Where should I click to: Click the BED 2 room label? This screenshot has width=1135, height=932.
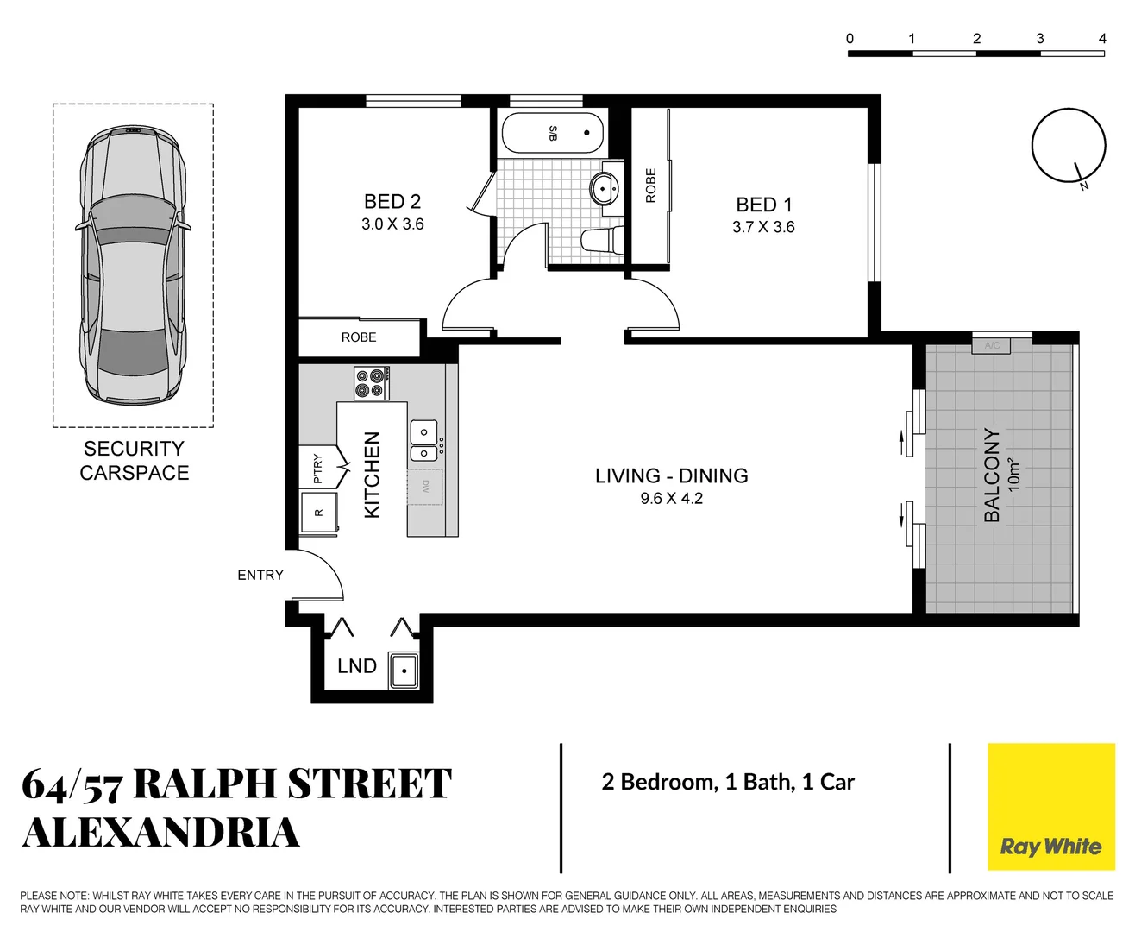point(392,202)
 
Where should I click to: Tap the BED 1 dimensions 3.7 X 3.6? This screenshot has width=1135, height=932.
point(763,228)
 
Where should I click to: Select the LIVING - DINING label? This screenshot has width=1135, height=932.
point(671,475)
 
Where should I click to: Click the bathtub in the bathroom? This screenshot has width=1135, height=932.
point(553,133)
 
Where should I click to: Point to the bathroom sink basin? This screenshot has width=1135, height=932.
point(604,187)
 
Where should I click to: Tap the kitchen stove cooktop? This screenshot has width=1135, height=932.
point(372,383)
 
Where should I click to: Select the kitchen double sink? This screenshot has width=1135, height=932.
point(423,441)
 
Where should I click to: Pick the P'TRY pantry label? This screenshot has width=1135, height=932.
point(317,468)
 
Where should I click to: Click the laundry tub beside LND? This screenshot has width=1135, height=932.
point(404,671)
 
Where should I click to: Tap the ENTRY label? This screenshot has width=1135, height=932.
point(260,575)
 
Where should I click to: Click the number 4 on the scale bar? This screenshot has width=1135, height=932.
point(1102,39)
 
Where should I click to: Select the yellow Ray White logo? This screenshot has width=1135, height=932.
point(1050,807)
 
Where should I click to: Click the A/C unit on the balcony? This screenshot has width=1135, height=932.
point(992,345)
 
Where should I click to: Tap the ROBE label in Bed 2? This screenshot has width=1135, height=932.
point(359,337)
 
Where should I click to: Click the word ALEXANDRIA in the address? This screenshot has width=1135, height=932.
point(161,833)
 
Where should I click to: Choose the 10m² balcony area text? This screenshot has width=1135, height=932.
point(1014,475)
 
